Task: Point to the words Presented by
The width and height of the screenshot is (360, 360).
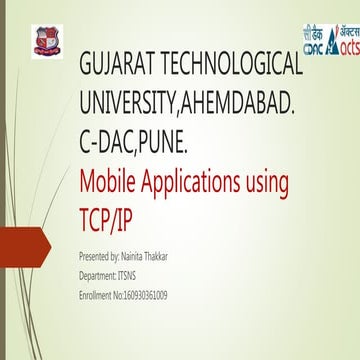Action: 104,256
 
